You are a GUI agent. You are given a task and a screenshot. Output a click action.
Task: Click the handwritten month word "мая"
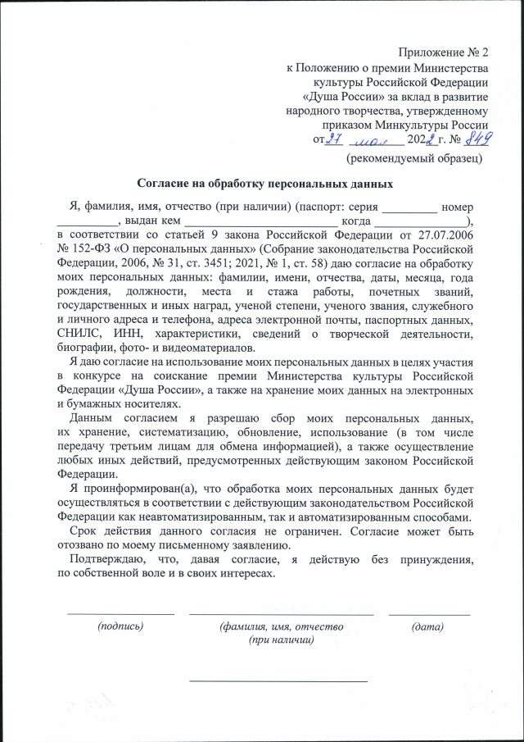pyautogui.click(x=373, y=140)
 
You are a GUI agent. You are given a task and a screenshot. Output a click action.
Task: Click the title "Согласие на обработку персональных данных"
pyautogui.click(x=260, y=184)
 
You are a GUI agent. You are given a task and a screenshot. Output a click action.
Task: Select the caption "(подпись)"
pyautogui.click(x=120, y=626)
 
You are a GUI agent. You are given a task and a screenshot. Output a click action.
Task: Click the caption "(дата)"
pyautogui.click(x=428, y=626)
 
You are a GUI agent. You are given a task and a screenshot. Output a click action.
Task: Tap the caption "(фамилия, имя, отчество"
pyautogui.click(x=282, y=626)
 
